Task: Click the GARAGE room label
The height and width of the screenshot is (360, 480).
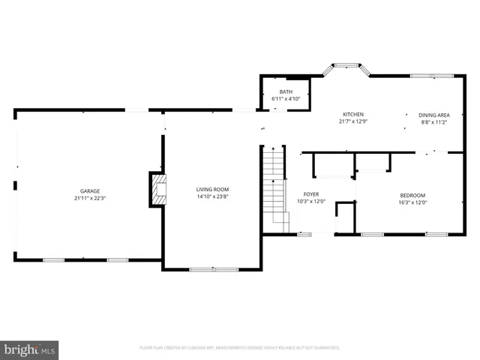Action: tap(90, 191)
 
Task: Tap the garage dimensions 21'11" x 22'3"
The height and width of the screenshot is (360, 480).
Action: tap(90, 199)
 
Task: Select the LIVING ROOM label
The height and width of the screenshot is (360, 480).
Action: tap(213, 189)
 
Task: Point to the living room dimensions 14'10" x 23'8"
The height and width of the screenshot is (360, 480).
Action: tap(213, 196)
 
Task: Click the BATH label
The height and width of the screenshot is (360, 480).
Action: tap(286, 91)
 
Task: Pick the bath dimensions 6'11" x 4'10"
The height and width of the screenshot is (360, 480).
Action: tap(286, 99)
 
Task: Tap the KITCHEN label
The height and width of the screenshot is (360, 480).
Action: tap(353, 114)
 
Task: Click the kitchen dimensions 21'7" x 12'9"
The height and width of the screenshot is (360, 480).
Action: tap(353, 121)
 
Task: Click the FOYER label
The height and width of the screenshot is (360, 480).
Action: tap(310, 194)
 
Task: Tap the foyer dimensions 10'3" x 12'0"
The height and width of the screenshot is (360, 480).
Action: tap(310, 202)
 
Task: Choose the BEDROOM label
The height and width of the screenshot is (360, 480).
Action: tap(412, 195)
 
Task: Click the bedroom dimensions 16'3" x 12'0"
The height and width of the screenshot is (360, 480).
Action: tap(412, 202)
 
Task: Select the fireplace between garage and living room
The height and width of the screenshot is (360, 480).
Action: tap(157, 189)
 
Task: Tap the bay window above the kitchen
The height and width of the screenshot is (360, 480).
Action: tap(346, 67)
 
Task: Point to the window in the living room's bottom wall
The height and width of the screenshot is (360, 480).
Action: tap(214, 269)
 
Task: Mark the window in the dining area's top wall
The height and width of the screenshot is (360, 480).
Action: tap(431, 75)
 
